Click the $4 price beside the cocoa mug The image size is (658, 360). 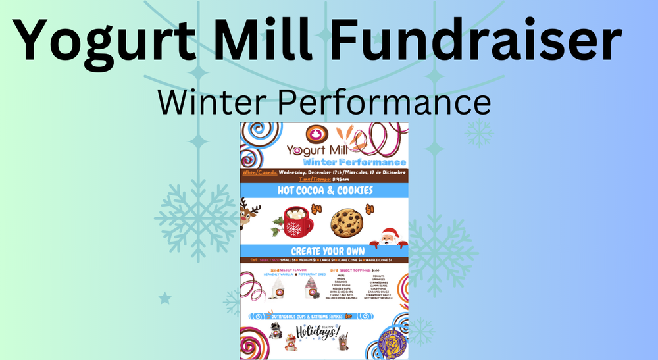[x=316, y=209]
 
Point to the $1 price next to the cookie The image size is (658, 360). [x=370, y=209]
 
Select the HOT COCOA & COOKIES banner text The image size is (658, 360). [x=324, y=190]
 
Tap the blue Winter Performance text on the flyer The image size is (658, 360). [x=354, y=161]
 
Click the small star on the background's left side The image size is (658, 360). [x=164, y=299]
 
